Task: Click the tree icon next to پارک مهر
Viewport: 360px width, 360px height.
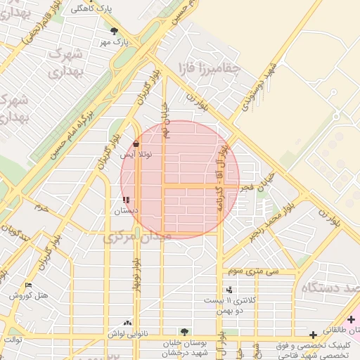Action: (x=114, y=31)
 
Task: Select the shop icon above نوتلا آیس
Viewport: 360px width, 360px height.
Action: (x=136, y=144)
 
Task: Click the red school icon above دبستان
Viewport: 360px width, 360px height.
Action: (x=126, y=200)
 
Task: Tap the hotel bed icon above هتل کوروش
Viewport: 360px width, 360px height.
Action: (x=28, y=285)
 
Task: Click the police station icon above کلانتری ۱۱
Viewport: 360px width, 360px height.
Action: (x=229, y=290)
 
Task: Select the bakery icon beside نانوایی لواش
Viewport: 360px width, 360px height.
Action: (x=127, y=323)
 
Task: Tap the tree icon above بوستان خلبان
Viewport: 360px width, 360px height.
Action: (x=184, y=331)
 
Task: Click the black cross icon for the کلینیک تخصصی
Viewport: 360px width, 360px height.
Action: (x=313, y=335)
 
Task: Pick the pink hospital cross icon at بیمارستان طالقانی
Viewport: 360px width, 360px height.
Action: (x=351, y=320)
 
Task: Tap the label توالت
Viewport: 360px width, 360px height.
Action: (x=12, y=340)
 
